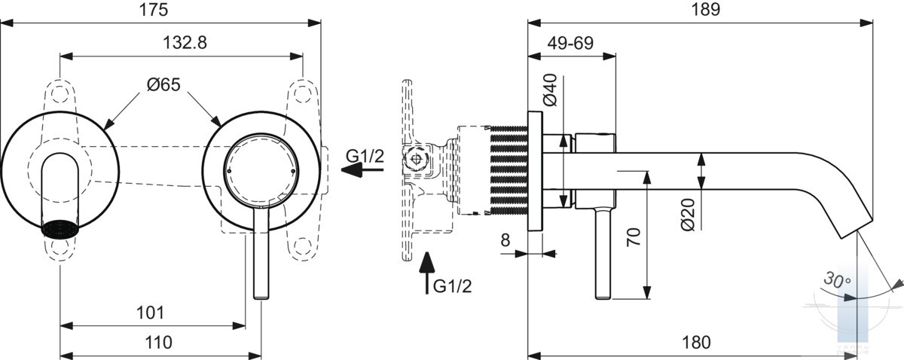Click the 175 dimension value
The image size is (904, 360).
click(x=154, y=10)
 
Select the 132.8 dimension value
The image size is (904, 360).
click(x=185, y=42)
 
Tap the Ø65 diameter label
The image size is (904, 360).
click(x=163, y=85)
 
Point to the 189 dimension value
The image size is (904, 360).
click(x=706, y=9)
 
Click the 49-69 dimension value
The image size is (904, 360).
click(x=570, y=43)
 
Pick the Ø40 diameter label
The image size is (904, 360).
click(x=550, y=90)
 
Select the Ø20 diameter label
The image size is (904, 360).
click(x=688, y=215)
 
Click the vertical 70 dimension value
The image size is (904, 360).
click(x=634, y=237)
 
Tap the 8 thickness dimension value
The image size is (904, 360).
click(x=505, y=239)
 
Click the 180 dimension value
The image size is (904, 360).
click(x=696, y=343)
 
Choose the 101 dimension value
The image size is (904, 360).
click(x=150, y=313)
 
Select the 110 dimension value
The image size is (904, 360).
click(x=158, y=343)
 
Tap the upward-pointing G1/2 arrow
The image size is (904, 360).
click(x=427, y=273)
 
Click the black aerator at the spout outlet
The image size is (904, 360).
click(x=60, y=228)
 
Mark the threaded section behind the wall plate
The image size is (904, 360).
click(x=508, y=170)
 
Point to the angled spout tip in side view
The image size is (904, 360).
click(x=855, y=228)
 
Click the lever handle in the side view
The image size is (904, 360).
click(x=603, y=254)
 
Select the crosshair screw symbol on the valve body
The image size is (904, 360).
click(x=416, y=158)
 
